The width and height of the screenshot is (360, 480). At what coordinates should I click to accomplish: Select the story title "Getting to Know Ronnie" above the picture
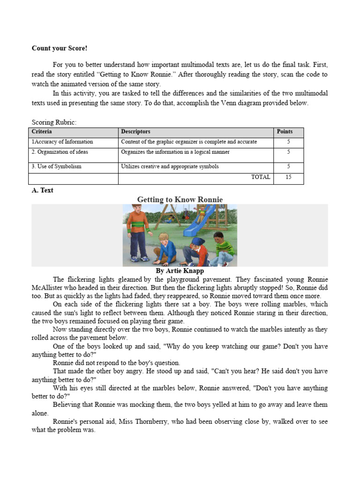(180, 200)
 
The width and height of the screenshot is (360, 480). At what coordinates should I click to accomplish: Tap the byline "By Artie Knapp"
(180, 271)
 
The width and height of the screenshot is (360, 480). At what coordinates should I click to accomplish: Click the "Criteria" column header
(42, 132)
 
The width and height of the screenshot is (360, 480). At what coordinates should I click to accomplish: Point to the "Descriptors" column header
(135, 132)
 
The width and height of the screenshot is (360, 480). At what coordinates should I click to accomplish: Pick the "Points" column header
(285, 132)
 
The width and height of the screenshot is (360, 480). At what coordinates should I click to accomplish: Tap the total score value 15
(288, 177)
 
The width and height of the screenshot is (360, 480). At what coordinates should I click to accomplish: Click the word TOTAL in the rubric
(260, 177)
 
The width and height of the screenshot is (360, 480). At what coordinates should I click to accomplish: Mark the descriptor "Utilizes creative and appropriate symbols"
(170, 166)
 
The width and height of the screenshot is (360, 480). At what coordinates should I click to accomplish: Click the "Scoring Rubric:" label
(53, 122)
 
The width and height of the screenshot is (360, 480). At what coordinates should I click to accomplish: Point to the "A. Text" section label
(42, 190)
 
